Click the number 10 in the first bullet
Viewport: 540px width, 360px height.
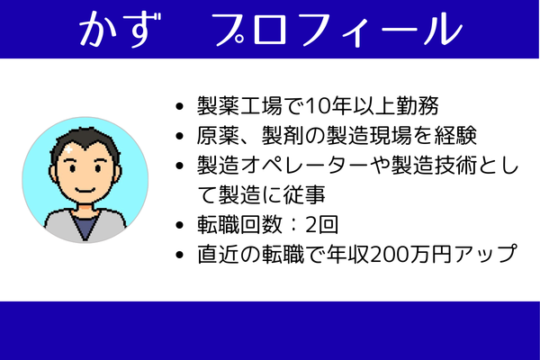(317, 108)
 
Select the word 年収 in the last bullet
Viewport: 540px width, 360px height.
(356, 253)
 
